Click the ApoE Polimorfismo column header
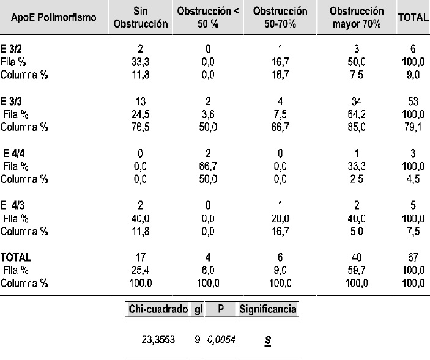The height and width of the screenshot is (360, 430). [x=54, y=18]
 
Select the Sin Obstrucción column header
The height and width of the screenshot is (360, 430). [x=141, y=17]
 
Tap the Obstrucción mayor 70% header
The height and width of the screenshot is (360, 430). [x=357, y=17]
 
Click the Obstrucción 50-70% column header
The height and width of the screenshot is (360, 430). [x=280, y=17]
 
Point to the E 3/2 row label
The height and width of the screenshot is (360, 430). [x=11, y=49]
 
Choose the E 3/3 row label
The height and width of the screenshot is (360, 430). [x=11, y=101]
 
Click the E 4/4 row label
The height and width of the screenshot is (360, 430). [x=13, y=153]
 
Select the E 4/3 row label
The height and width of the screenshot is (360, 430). [x=12, y=205]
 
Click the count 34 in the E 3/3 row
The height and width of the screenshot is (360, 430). [x=357, y=101]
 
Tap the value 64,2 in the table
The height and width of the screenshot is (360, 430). [x=357, y=114]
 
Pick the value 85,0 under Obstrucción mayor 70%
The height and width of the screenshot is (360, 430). [x=357, y=127]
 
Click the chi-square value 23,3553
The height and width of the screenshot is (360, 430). [x=158, y=340]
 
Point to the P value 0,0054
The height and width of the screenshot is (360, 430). [x=221, y=340]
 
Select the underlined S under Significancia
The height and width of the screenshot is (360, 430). [x=268, y=340]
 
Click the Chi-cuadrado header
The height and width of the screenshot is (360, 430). [x=158, y=309]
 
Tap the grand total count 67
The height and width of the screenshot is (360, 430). [x=413, y=257]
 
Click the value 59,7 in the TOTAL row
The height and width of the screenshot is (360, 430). [x=357, y=270]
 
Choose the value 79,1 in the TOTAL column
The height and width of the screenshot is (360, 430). [x=413, y=127]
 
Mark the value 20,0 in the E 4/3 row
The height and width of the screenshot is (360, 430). [x=280, y=219]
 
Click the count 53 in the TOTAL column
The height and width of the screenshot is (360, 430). [x=413, y=101]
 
